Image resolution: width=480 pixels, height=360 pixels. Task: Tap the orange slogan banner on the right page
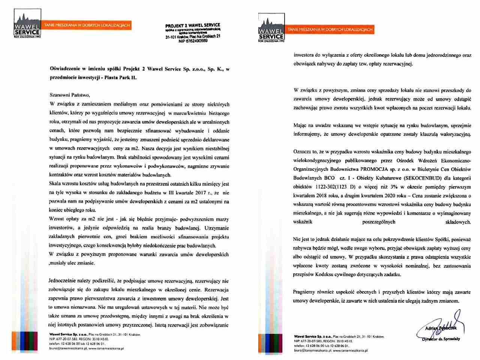click(330, 29)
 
